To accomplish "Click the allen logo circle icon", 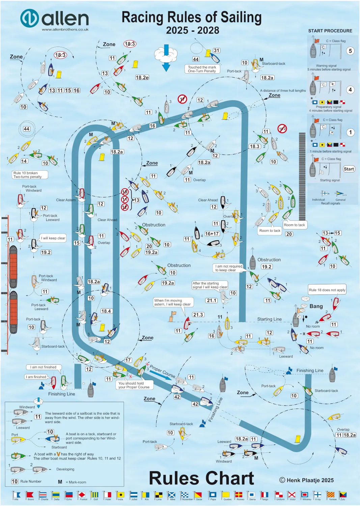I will (x=29, y=18).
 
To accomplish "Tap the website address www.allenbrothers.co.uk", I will (x=65, y=29).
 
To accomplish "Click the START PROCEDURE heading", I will (x=330, y=31).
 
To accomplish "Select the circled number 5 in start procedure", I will (x=350, y=51).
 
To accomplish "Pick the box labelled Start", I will (x=349, y=169).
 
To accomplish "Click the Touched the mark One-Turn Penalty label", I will (x=202, y=69).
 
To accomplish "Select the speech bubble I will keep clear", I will (x=53, y=238).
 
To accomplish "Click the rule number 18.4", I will (x=106, y=311).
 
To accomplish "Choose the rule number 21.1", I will (x=212, y=300).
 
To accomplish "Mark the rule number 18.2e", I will (x=142, y=78).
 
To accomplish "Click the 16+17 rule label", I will (x=212, y=233).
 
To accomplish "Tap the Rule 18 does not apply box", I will (x=327, y=290).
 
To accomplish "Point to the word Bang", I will (x=316, y=306).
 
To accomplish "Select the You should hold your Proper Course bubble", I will (x=134, y=385).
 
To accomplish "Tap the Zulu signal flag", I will (x=342, y=495).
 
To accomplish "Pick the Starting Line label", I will (x=269, y=319).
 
